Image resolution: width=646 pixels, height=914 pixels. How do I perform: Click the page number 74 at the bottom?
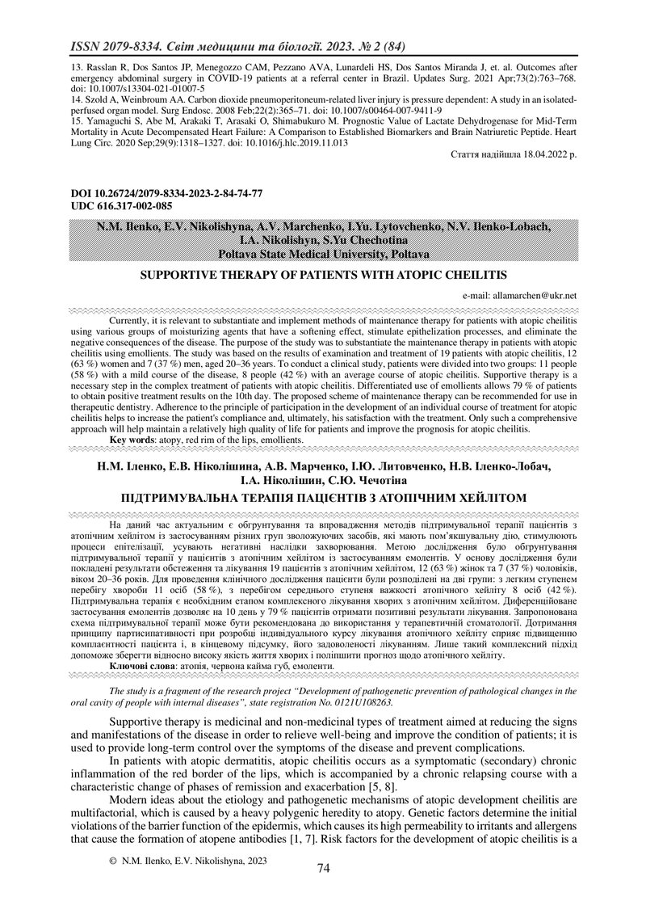[x=324, y=869]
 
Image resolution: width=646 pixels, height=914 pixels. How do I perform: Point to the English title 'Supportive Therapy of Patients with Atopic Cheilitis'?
[x=323, y=276]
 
